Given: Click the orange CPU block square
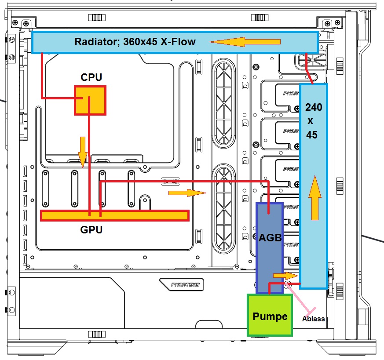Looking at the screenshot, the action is pyautogui.click(x=90, y=100).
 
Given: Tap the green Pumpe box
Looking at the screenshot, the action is pyautogui.click(x=270, y=315).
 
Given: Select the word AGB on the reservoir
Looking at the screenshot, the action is pyautogui.click(x=270, y=238).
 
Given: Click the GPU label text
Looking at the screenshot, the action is pyautogui.click(x=91, y=229).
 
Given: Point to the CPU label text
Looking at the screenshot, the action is pyautogui.click(x=91, y=77).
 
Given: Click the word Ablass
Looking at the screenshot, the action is pyautogui.click(x=313, y=319).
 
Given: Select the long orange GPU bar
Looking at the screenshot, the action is pyautogui.click(x=115, y=216).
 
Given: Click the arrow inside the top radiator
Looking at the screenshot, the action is pyautogui.click(x=245, y=42).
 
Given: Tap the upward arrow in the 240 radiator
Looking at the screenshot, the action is pyautogui.click(x=315, y=198).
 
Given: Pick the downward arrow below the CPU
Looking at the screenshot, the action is pyautogui.click(x=83, y=152).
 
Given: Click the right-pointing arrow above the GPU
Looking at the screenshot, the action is pyautogui.click(x=187, y=193).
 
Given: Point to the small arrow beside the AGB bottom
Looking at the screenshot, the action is pyautogui.click(x=285, y=276).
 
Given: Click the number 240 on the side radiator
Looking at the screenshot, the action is pyautogui.click(x=314, y=107).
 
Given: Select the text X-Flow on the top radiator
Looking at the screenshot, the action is pyautogui.click(x=178, y=42).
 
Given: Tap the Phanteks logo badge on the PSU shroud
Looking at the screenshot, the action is pyautogui.click(x=182, y=284).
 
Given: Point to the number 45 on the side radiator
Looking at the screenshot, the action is pyautogui.click(x=312, y=135).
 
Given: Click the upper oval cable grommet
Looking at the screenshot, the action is pyautogui.click(x=223, y=103).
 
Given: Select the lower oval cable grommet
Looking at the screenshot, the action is pyautogui.click(x=223, y=208).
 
